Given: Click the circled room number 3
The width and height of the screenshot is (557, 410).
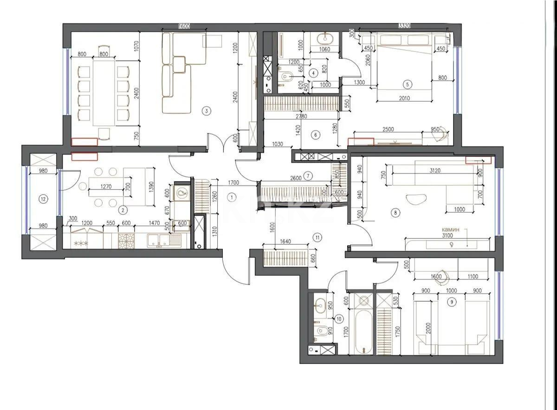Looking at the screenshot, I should tap(207, 111).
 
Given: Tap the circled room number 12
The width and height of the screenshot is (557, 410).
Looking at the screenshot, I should tap(43, 199).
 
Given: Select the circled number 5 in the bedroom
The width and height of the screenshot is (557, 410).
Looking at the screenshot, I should tap(407, 85).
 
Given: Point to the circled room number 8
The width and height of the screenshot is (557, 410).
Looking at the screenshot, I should tap(395, 213).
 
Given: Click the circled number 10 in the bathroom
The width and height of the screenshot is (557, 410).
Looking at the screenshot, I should tap(339, 319).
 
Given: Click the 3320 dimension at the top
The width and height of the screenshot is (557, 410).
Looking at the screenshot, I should tap(406, 26).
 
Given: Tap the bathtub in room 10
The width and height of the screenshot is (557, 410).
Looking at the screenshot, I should tap(363, 331).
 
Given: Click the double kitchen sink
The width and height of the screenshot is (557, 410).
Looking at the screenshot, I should tap(160, 240).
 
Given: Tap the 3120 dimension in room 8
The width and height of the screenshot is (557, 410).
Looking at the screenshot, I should tap(434, 170).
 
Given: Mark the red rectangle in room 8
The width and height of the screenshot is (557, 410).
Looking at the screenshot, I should tap(478, 160).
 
